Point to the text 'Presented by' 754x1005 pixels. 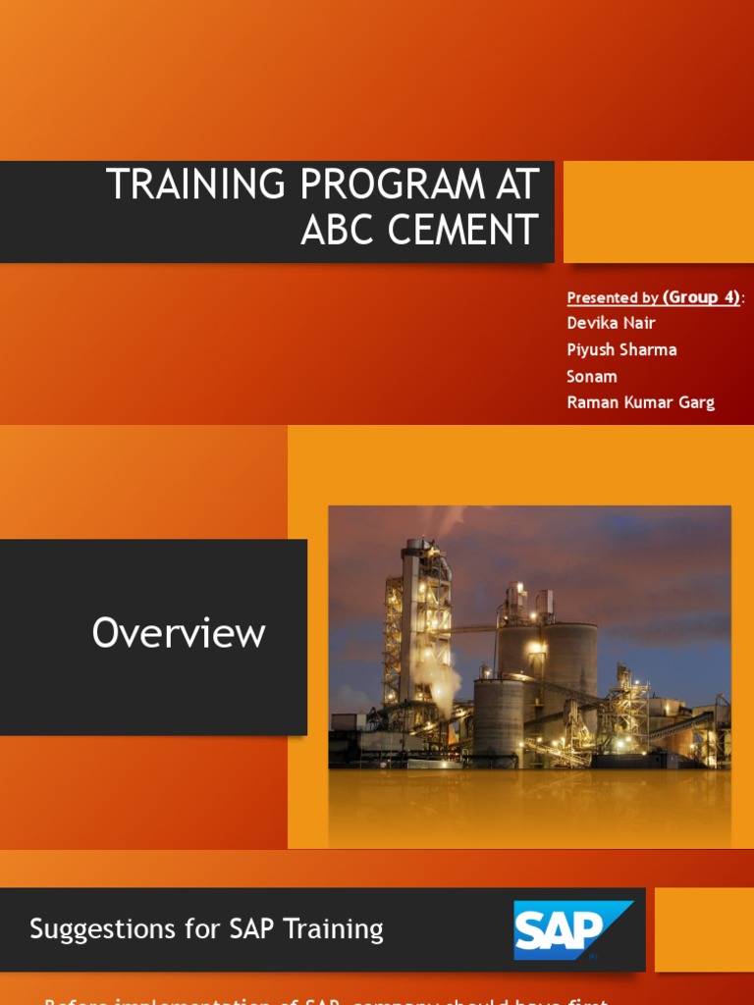(x=613, y=298)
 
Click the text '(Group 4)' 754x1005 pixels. (x=702, y=297)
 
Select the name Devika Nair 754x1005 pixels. (x=611, y=323)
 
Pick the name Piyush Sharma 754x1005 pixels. (x=621, y=349)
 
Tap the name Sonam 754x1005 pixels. (x=591, y=376)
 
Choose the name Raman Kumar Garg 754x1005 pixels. (x=640, y=402)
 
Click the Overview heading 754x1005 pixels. (x=179, y=633)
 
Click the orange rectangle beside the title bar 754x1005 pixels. (x=658, y=212)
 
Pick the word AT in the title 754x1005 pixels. (x=517, y=185)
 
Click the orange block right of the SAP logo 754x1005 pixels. (x=704, y=929)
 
